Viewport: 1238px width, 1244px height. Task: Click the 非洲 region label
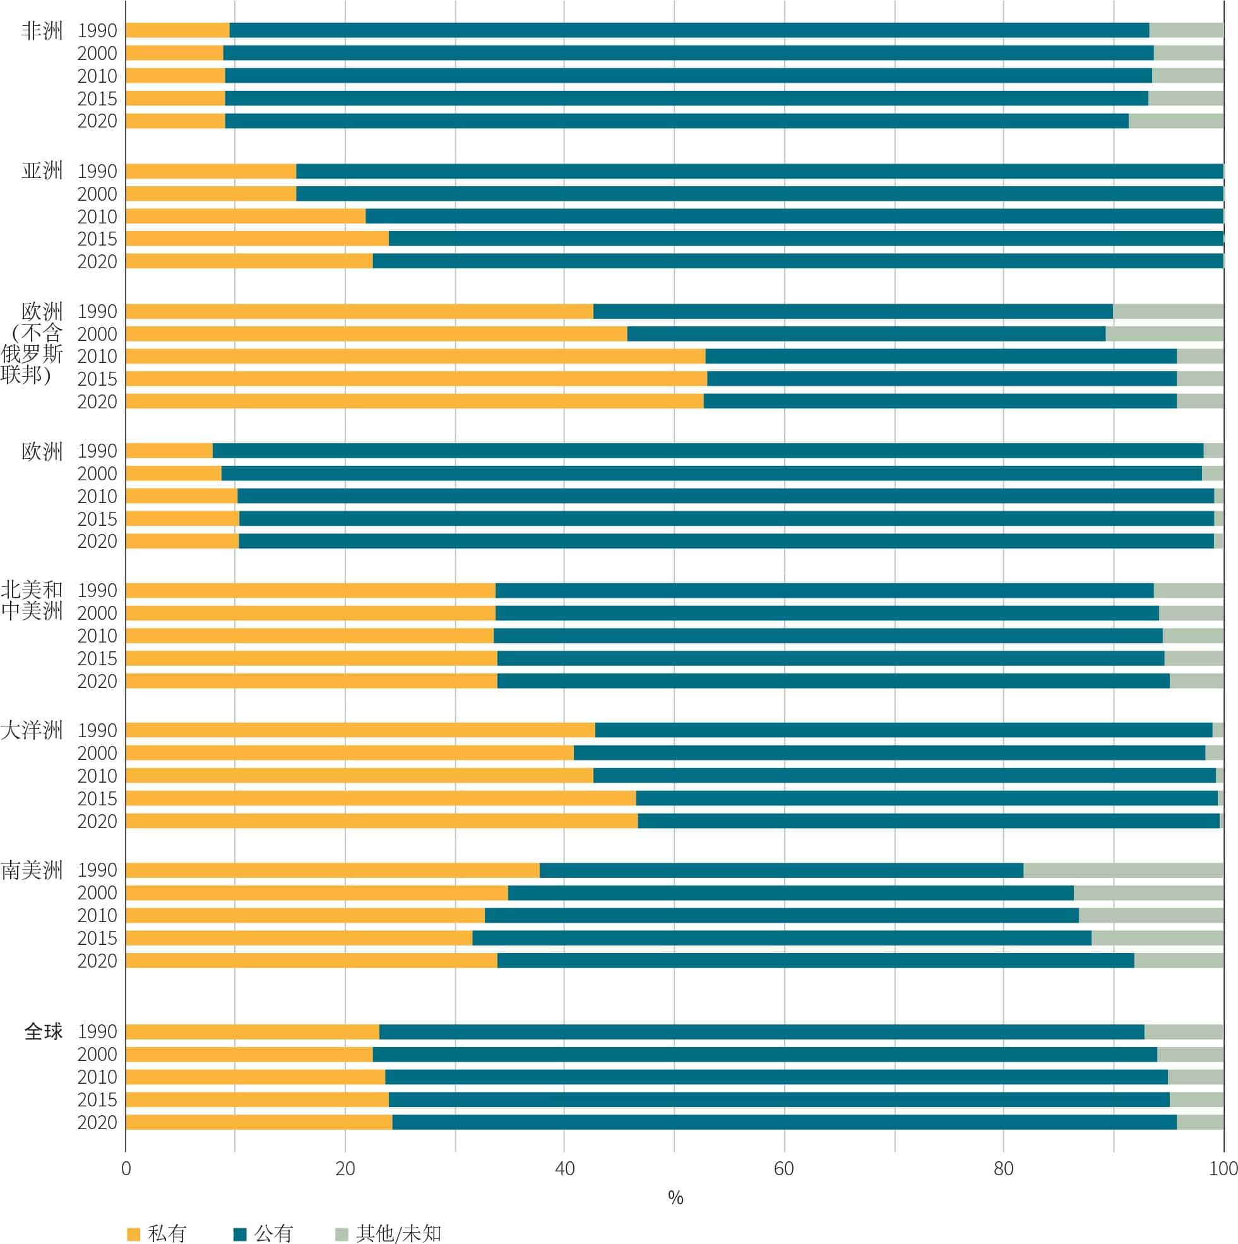[42, 30]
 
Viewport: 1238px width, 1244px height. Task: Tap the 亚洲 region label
[42, 170]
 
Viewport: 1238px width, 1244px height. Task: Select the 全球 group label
[43, 1031]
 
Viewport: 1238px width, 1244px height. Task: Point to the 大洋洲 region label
[32, 730]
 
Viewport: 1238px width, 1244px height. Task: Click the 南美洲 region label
[32, 870]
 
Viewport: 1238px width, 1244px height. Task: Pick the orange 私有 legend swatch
[134, 1234]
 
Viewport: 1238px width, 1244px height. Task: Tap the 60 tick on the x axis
[784, 1169]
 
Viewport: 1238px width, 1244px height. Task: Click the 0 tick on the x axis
[126, 1169]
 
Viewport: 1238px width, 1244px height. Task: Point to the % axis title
[675, 1198]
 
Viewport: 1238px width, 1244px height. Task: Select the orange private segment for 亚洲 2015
[257, 239]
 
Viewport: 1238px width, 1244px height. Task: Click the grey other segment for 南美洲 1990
[1122, 870]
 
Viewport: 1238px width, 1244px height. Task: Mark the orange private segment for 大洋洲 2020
[381, 821]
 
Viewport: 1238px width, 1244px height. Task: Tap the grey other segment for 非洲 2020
[1176, 121]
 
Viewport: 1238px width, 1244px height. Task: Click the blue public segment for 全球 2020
[784, 1122]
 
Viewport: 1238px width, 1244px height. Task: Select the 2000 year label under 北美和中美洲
[97, 613]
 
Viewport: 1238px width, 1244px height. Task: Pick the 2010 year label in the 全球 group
[97, 1077]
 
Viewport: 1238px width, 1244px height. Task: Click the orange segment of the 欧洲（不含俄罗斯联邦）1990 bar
[359, 311]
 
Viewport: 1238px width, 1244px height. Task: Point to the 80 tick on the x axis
[1004, 1169]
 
